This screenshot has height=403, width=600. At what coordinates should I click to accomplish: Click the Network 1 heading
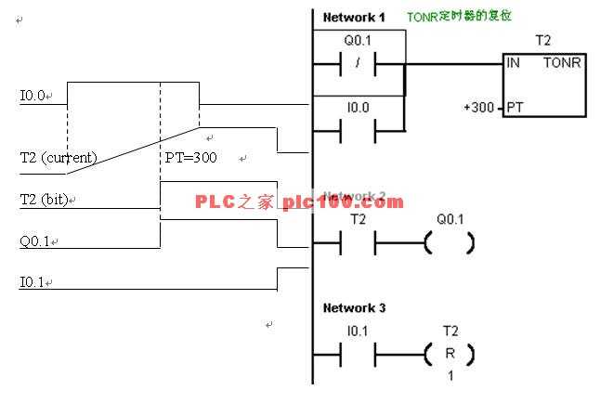click(x=352, y=18)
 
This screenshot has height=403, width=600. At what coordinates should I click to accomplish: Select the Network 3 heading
click(x=352, y=307)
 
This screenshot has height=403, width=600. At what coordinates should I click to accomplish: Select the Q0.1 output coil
click(x=450, y=243)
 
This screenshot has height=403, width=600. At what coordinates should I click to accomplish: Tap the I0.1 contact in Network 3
click(x=358, y=355)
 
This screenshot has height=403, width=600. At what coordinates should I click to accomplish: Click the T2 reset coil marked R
click(x=450, y=355)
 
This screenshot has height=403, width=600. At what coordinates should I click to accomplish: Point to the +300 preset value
click(x=479, y=107)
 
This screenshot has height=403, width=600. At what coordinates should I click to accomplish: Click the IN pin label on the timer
click(x=514, y=64)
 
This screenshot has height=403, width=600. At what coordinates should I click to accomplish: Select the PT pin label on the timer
click(x=515, y=107)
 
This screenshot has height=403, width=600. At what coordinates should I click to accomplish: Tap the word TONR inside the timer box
click(x=562, y=64)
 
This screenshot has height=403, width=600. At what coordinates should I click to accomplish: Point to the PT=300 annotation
click(x=190, y=158)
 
